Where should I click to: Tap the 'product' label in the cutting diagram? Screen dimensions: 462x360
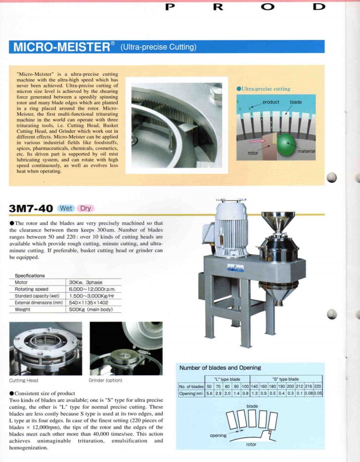pyautogui.click(x=270, y=102)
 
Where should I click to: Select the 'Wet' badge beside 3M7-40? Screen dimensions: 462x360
pyautogui.click(x=66, y=208)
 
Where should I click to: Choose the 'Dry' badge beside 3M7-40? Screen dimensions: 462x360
pyautogui.click(x=86, y=208)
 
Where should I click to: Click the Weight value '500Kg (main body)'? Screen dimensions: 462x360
pyautogui.click(x=91, y=309)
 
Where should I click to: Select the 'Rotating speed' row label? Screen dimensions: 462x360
pyautogui.click(x=32, y=289)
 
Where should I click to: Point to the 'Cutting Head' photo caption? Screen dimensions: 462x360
pyautogui.click(x=24, y=380)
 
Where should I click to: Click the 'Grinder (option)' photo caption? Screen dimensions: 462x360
pyautogui.click(x=105, y=380)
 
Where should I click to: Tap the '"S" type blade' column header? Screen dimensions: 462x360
pyautogui.click(x=285, y=379)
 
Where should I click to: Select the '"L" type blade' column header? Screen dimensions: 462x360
pyautogui.click(x=227, y=379)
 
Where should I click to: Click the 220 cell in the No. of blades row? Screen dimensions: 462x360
pyautogui.click(x=317, y=386)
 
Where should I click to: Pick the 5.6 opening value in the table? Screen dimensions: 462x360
pyautogui.click(x=209, y=393)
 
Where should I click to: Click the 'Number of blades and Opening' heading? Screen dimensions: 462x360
pyautogui.click(x=220, y=368)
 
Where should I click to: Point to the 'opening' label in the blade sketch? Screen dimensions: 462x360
pyautogui.click(x=219, y=435)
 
